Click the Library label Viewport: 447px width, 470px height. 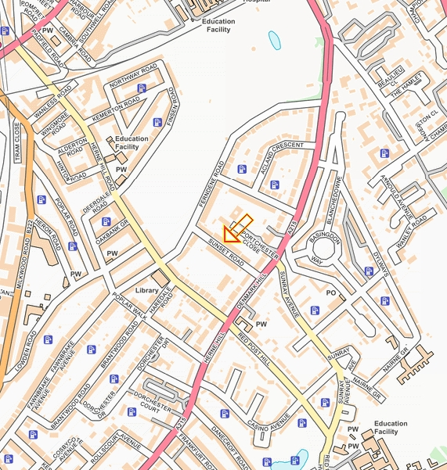[x=147, y=290]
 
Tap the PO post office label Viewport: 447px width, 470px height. [x=330, y=292]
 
